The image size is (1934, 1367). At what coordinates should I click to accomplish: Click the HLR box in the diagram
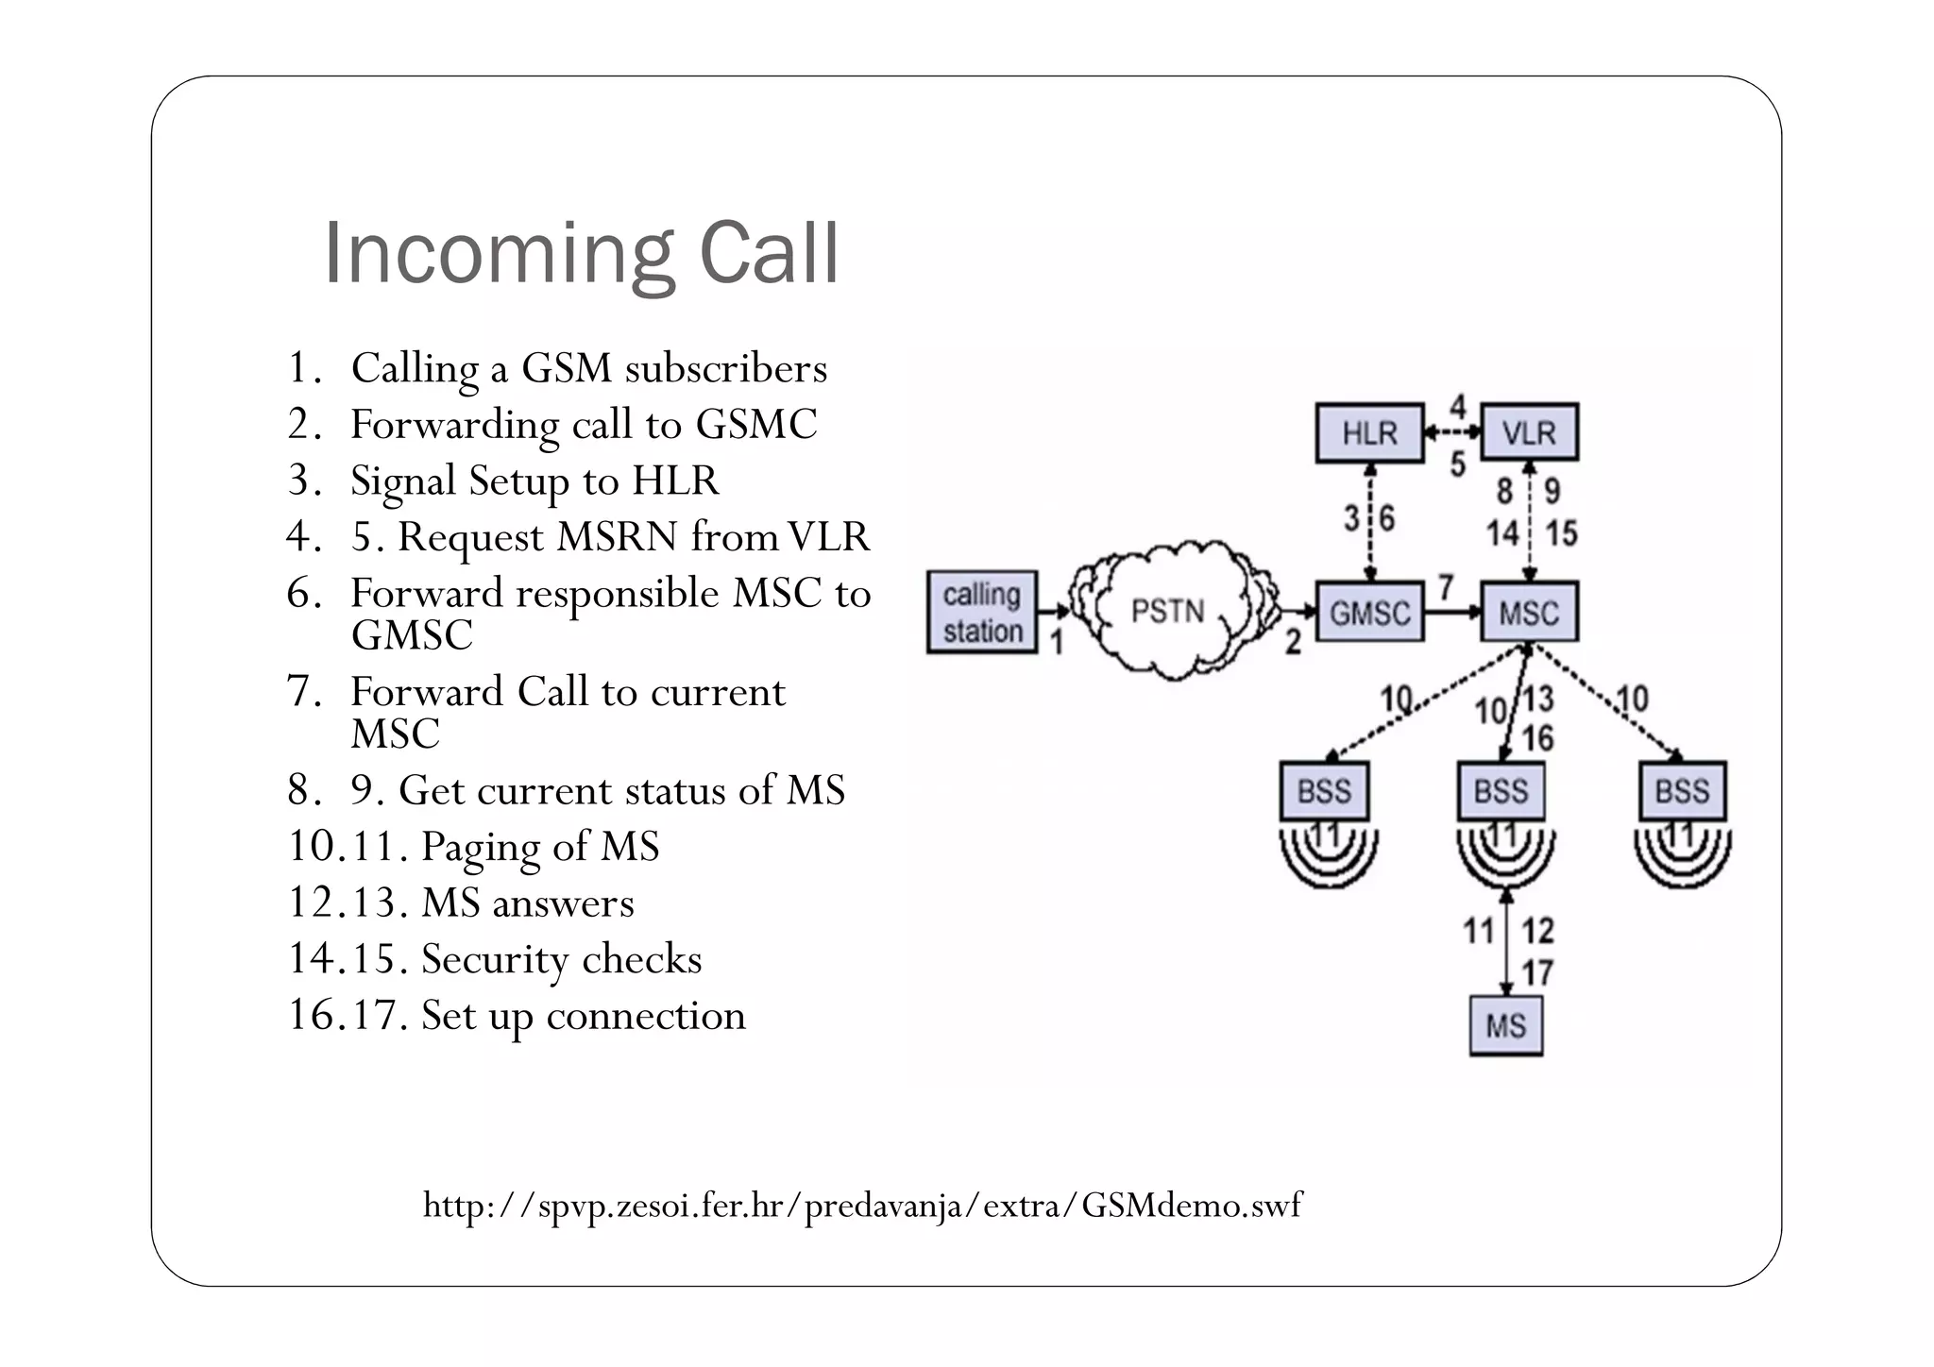1369,433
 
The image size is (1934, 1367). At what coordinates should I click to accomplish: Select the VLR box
1529,433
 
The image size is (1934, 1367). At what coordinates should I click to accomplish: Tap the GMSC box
1369,613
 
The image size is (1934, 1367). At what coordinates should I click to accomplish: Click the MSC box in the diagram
1529,613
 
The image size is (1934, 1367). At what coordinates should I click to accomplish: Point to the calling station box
982,613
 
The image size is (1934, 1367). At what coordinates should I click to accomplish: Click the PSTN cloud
1168,611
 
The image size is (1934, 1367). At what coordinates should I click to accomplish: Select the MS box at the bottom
1505,1026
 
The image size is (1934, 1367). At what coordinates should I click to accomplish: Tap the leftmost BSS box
1324,791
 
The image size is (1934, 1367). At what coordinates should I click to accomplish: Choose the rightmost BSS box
1682,791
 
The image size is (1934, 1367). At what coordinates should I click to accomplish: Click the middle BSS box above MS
1501,791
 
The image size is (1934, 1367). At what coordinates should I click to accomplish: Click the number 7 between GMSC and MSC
1446,587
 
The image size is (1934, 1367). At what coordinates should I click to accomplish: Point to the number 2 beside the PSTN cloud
1293,643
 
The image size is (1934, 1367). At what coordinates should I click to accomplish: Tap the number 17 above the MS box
1537,972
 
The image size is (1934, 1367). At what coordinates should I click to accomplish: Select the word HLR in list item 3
675,481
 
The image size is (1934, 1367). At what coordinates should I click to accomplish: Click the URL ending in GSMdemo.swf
862,1206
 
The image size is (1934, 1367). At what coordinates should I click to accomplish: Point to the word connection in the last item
646,1016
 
